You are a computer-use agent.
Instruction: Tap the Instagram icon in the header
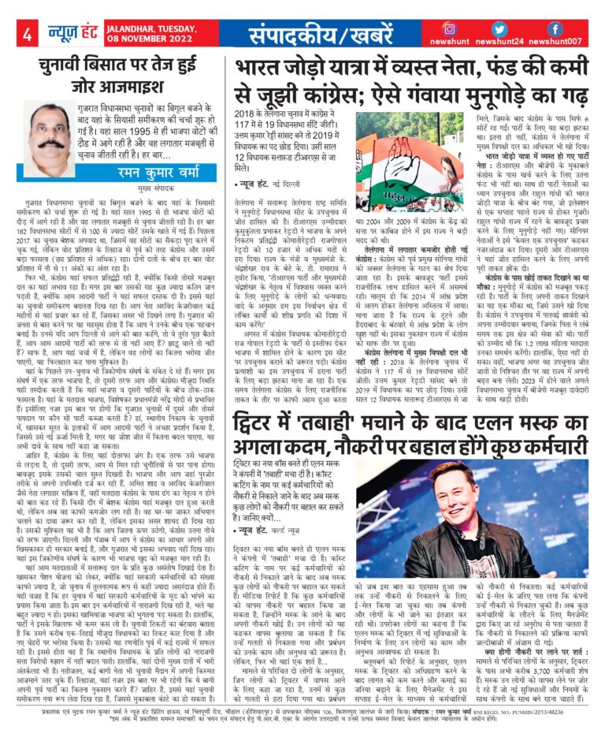450,28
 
